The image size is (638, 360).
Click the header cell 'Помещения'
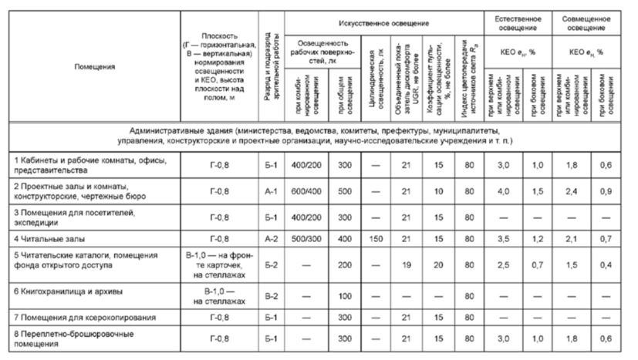pos(94,67)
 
